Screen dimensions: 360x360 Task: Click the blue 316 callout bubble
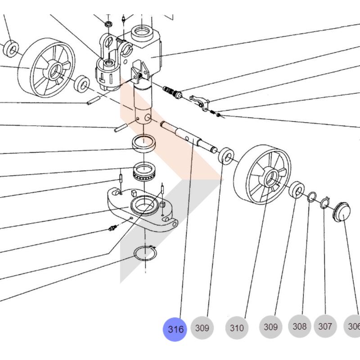pos(175,329)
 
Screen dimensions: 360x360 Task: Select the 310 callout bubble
pos(236,328)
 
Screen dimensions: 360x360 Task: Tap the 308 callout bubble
pos(299,326)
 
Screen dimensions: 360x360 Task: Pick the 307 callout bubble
pos(325,326)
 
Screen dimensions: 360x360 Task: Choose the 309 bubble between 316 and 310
pos(202,328)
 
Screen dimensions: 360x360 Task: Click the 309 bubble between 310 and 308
pos(270,327)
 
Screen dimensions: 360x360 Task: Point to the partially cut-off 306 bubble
pos(353,326)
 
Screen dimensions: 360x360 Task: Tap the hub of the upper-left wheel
pos(54,69)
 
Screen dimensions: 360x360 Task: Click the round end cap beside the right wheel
pos(343,211)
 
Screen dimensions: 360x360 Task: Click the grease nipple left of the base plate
pos(112,228)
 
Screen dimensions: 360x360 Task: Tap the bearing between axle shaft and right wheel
pos(226,156)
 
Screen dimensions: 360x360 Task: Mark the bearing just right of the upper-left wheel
pos(82,83)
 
